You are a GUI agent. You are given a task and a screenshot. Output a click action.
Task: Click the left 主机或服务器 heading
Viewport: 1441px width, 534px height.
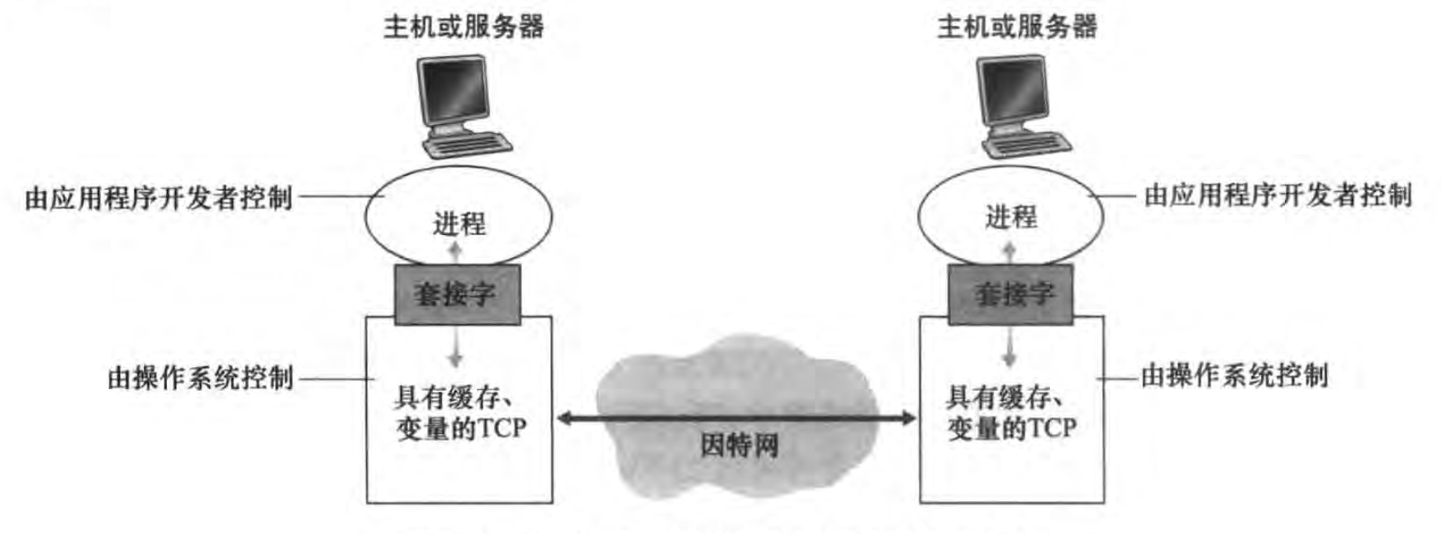[x=464, y=26]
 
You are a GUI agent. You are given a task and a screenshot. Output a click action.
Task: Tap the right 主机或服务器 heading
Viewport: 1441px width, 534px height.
[x=1017, y=26]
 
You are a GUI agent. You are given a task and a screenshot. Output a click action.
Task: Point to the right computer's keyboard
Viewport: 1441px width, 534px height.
[x=1027, y=145]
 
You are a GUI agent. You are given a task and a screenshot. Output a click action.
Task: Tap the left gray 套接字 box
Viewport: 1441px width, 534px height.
[x=457, y=294]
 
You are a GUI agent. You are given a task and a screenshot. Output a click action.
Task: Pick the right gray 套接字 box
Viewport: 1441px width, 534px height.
[x=1011, y=294]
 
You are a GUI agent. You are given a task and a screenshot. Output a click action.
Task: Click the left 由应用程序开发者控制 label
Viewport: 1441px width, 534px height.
[x=159, y=198]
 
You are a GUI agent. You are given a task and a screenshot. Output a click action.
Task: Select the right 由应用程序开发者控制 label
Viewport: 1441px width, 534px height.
[x=1278, y=195]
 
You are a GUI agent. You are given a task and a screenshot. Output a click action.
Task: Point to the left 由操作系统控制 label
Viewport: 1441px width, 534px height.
[x=201, y=378]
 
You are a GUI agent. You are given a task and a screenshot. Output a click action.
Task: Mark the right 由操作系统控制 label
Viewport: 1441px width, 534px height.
[x=1234, y=375]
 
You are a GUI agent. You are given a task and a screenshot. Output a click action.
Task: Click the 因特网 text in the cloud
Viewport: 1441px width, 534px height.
[x=740, y=446]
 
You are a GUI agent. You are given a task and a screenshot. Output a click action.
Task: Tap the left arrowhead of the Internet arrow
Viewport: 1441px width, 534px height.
[x=564, y=418]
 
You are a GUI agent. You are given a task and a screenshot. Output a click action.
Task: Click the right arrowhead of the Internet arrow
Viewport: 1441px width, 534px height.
[x=909, y=418]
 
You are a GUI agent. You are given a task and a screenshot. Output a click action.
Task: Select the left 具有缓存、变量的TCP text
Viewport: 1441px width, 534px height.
[x=460, y=413]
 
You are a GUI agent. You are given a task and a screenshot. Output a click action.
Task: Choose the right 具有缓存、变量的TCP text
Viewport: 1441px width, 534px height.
[x=1011, y=413]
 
